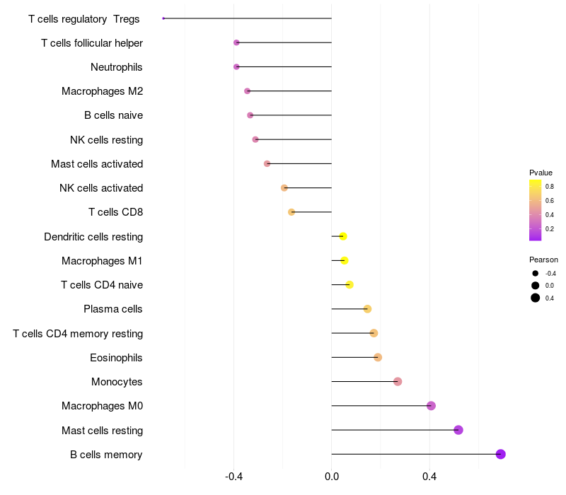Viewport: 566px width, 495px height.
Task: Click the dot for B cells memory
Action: pyautogui.click(x=501, y=454)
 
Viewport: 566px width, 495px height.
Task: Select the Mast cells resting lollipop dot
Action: pyautogui.click(x=458, y=430)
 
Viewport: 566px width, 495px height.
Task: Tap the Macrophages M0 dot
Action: pyautogui.click(x=431, y=406)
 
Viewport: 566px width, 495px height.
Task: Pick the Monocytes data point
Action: pyautogui.click(x=398, y=382)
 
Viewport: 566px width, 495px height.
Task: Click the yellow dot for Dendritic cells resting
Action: pyautogui.click(x=343, y=236)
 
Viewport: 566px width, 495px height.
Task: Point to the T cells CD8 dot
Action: pyautogui.click(x=291, y=212)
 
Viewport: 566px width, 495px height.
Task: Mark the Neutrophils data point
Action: pyautogui.click(x=236, y=67)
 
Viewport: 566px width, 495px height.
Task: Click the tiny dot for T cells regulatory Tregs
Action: pyautogui.click(x=163, y=18)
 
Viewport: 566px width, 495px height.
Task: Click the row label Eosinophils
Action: pyautogui.click(x=116, y=358)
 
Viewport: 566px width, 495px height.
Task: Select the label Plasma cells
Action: pyautogui.click(x=113, y=309)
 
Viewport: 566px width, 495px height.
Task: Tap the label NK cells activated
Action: pyautogui.click(x=101, y=188)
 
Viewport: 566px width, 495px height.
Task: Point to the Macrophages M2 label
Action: pyautogui.click(x=102, y=91)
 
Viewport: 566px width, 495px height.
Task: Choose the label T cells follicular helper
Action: pyautogui.click(x=92, y=43)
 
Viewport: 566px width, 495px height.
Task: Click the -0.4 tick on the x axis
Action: pyautogui.click(x=234, y=477)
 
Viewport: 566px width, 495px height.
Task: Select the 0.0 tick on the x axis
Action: pyautogui.click(x=332, y=477)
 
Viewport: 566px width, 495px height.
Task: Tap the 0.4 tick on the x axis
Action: pyautogui.click(x=429, y=477)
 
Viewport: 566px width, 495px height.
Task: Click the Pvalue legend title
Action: pyautogui.click(x=541, y=173)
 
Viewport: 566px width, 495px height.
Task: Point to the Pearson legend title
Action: pyautogui.click(x=543, y=260)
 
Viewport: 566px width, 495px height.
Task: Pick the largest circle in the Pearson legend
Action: pyautogui.click(x=536, y=298)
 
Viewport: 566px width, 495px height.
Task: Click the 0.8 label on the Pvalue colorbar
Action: pyautogui.click(x=549, y=187)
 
